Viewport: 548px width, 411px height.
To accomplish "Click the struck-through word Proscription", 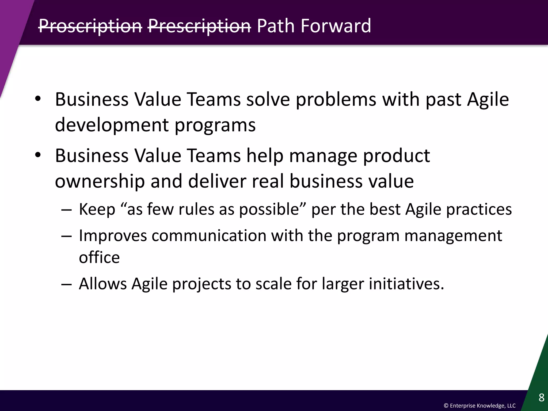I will point(90,26).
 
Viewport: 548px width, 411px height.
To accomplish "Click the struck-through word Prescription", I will point(199,26).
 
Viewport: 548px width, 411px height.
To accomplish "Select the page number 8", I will point(541,398).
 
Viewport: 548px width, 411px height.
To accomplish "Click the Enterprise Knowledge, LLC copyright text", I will point(479,406).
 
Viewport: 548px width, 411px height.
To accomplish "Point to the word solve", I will point(268,100).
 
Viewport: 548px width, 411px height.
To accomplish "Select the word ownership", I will point(100,181).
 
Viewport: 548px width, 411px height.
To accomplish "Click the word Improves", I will point(113,236).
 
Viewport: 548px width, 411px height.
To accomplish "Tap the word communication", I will point(209,236).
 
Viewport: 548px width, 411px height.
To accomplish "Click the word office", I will point(99,257).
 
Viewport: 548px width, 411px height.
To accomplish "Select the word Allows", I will point(102,284).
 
